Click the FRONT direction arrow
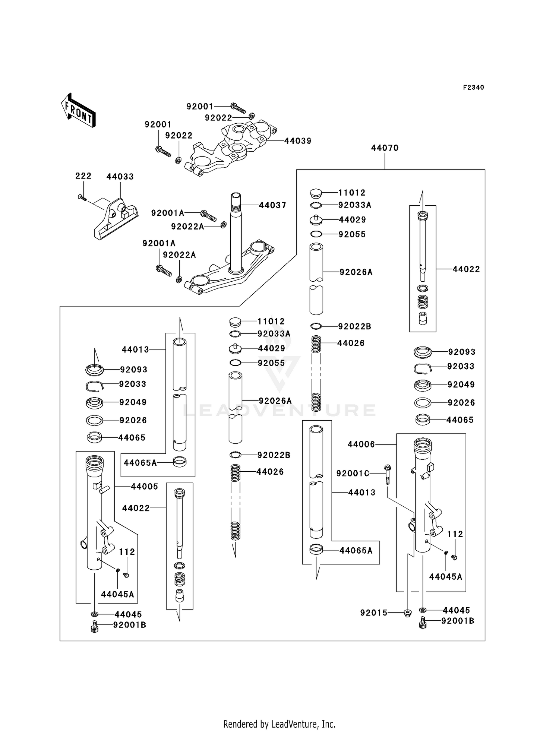(x=78, y=110)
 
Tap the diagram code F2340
(x=473, y=87)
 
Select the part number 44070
(x=385, y=148)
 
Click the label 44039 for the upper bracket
(x=297, y=141)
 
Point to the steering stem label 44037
(x=272, y=205)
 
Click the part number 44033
(x=120, y=177)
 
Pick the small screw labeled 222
(x=82, y=197)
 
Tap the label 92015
(x=374, y=613)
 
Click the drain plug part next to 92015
(x=408, y=613)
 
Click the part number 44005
(x=144, y=486)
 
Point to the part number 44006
(x=361, y=444)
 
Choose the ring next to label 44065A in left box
(x=180, y=462)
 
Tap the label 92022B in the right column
(x=354, y=326)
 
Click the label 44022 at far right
(x=466, y=269)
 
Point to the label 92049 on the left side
(x=133, y=402)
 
